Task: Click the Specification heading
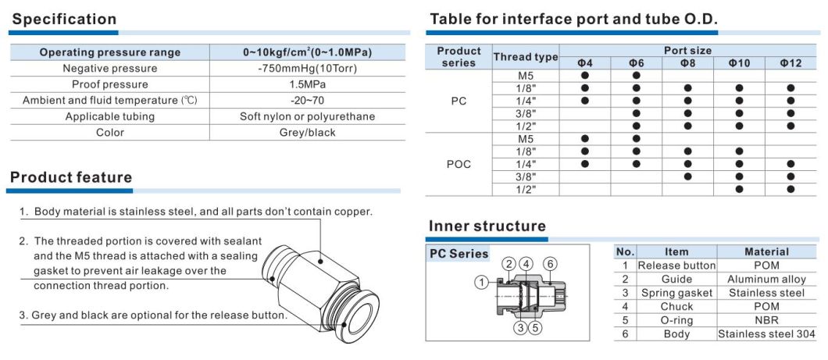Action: (64, 19)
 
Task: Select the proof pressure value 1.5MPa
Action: (307, 84)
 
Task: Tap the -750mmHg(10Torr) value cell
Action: (307, 68)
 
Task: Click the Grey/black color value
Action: (307, 132)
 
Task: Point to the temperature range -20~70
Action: (307, 100)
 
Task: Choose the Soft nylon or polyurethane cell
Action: (307, 116)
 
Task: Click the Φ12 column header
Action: (791, 62)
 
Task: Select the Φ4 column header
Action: (584, 62)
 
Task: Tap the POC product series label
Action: (459, 165)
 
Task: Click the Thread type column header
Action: (525, 57)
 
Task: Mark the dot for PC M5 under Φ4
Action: (584, 76)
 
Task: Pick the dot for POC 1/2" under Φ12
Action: (791, 189)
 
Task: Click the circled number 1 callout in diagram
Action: (482, 281)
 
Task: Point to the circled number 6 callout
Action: (550, 264)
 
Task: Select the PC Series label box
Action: (459, 253)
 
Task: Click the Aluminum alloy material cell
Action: (766, 279)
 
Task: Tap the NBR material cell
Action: (766, 320)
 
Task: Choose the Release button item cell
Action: (676, 266)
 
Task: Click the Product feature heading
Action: (71, 177)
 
